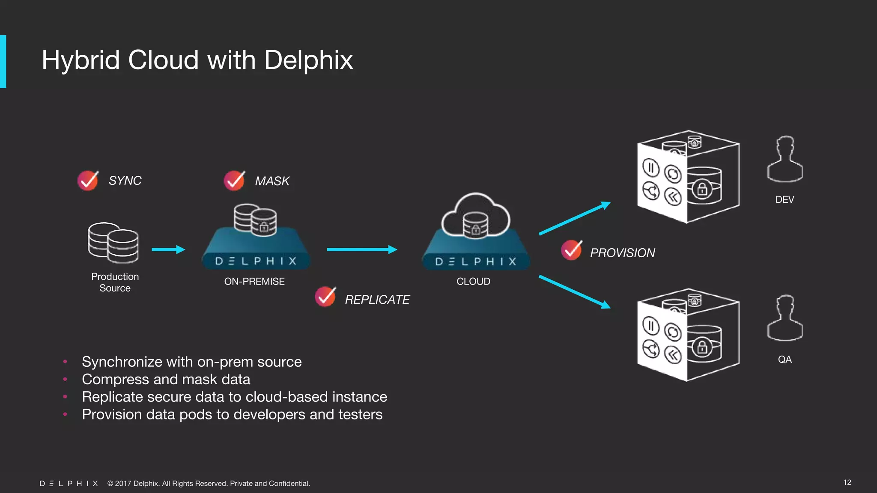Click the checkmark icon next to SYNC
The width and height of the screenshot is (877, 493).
point(88,181)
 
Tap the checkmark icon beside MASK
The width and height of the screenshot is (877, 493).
point(234,181)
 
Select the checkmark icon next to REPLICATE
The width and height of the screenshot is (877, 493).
point(325,297)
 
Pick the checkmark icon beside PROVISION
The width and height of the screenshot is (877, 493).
point(572,250)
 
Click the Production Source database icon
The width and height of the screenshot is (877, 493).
point(113,243)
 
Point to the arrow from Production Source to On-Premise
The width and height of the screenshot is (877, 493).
point(168,249)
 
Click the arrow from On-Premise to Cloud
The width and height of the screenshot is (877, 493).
point(362,249)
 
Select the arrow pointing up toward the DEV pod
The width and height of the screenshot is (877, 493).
point(574,218)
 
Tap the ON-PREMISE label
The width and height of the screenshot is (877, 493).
point(254,282)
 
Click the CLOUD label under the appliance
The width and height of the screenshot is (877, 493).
point(473,282)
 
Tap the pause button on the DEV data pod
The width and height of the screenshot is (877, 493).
point(651,167)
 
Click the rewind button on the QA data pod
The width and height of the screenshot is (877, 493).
point(673,355)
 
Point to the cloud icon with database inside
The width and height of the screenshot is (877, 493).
point(475,216)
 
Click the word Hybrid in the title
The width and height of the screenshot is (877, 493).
point(81,60)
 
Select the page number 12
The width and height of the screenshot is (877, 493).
point(847,482)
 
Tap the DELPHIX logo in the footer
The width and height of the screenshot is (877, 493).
point(69,484)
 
